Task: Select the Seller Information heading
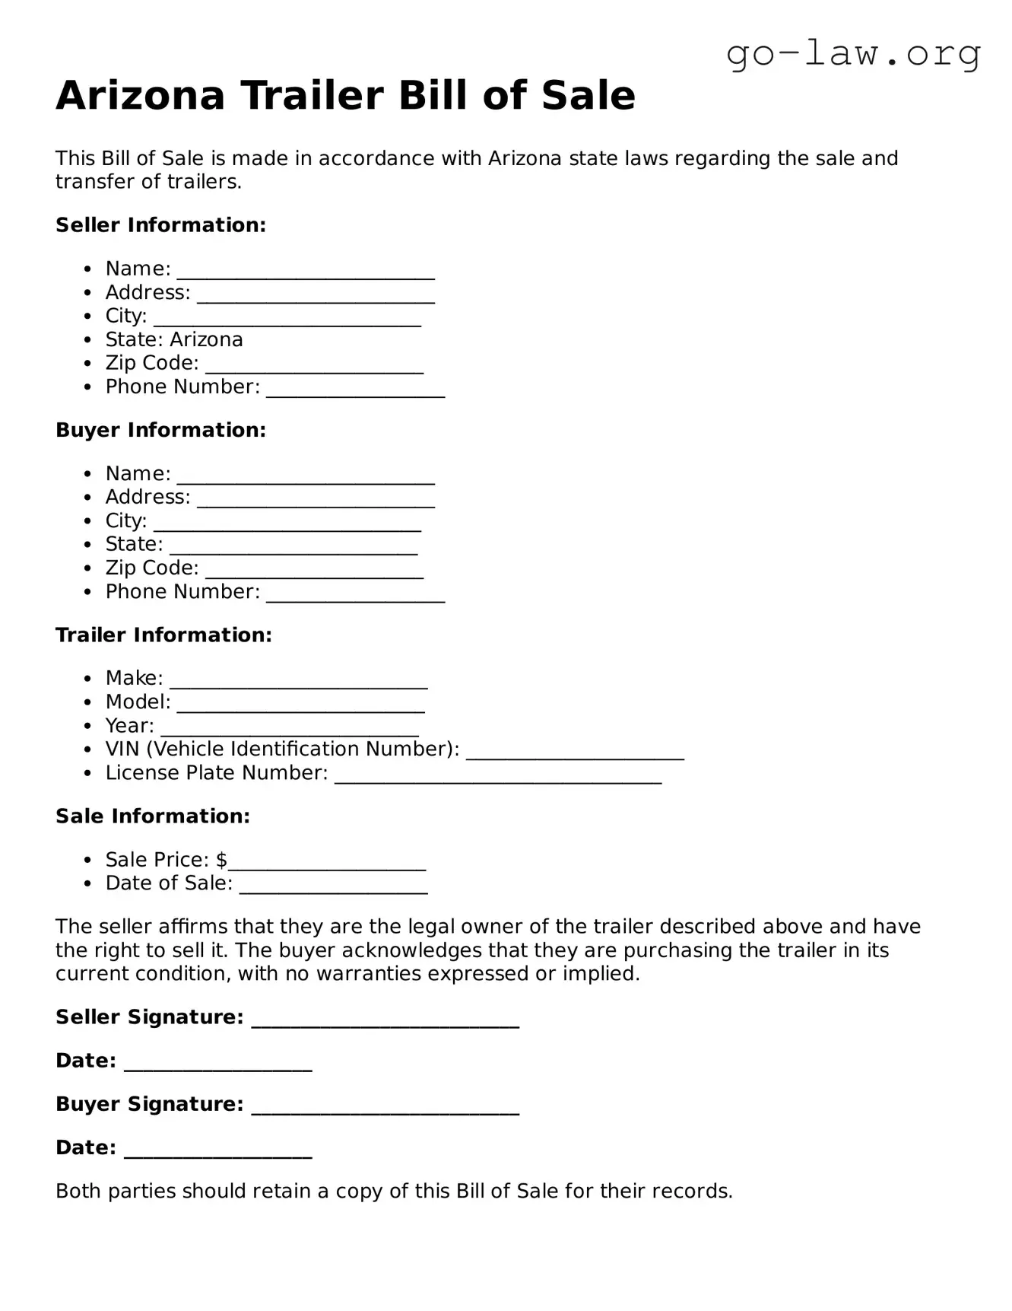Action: [x=160, y=225]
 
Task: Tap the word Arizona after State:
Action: [x=207, y=339]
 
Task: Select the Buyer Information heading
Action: [x=160, y=430]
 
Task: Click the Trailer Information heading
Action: [x=163, y=635]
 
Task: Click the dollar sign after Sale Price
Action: [x=221, y=860]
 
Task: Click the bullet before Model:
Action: [x=89, y=702]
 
